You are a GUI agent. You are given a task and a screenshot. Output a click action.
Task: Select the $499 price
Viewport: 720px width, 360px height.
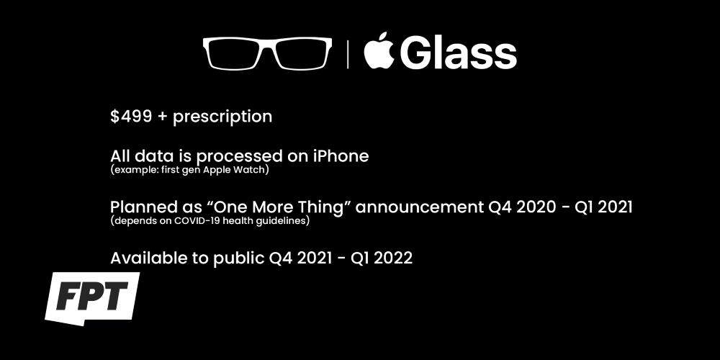pos(131,116)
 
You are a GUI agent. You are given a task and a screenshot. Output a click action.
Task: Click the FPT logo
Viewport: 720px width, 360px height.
pos(92,297)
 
